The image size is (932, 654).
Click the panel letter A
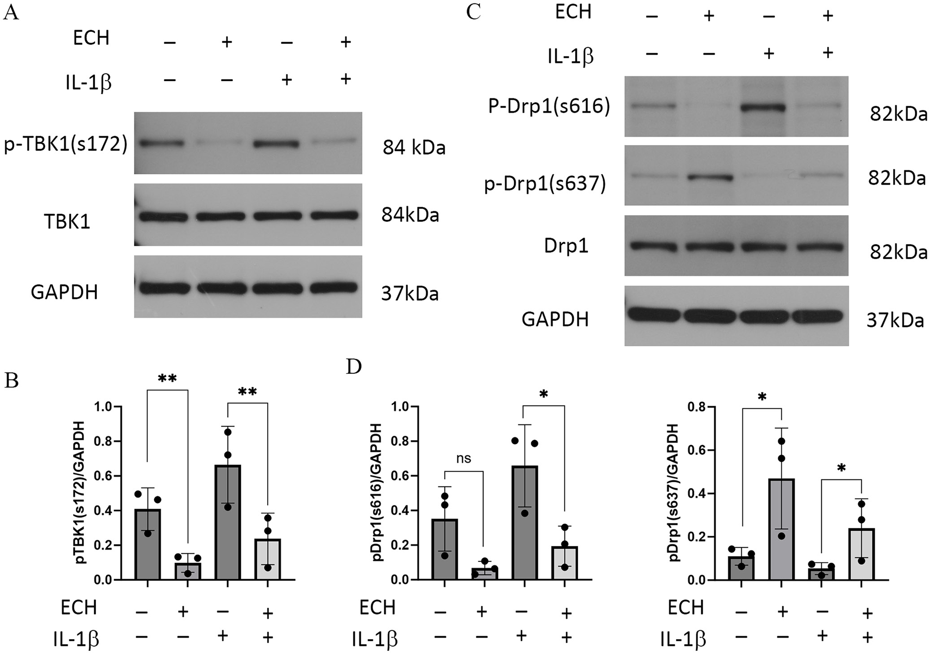click(x=11, y=13)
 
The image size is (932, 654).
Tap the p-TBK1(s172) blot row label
click(x=65, y=145)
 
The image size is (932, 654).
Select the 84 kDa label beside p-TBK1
click(x=414, y=147)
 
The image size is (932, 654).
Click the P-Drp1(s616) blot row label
click(x=549, y=108)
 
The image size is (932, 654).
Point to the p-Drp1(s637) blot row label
click(x=545, y=183)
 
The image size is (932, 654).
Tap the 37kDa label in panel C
click(x=895, y=321)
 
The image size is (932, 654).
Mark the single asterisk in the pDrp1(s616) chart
click(x=544, y=394)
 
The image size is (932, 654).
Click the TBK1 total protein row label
click(x=67, y=221)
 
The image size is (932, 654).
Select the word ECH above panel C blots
click(x=573, y=12)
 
